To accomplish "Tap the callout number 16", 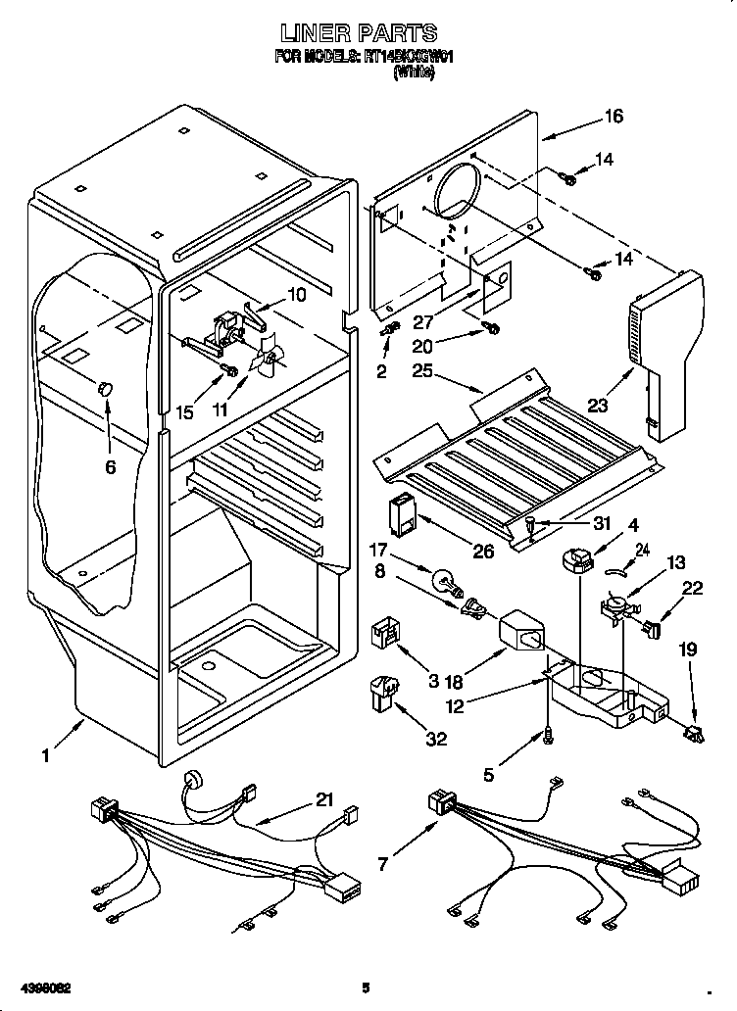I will click(x=614, y=117).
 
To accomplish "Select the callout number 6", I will click(x=110, y=467).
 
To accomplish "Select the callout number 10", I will click(x=295, y=294).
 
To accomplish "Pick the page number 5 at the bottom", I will click(x=365, y=987).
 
